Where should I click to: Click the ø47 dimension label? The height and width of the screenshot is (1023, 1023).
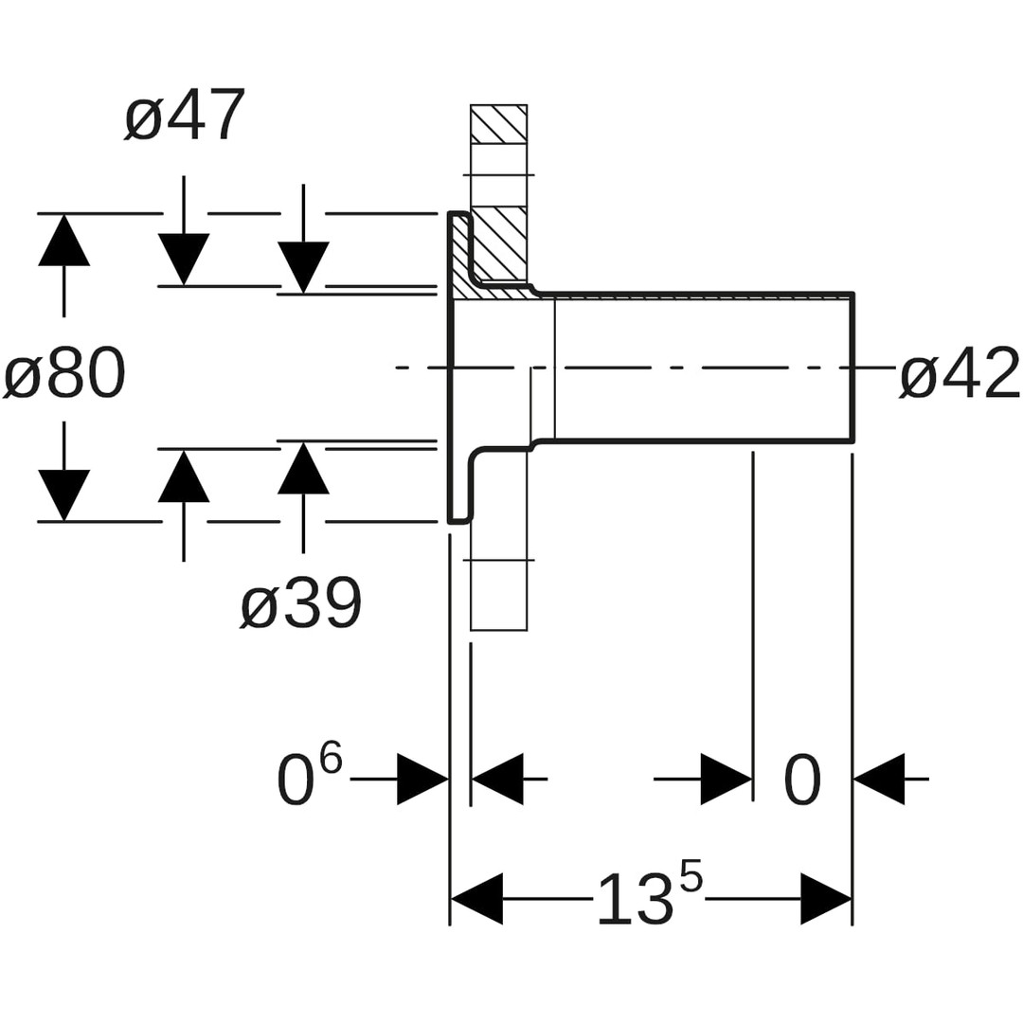pos(186,114)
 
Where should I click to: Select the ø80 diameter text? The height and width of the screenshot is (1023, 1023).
pos(64,373)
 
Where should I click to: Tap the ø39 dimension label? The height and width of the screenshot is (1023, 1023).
pos(301,602)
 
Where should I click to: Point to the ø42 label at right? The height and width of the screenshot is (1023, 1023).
pos(959,373)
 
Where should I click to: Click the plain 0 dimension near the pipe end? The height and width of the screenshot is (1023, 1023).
pos(802,781)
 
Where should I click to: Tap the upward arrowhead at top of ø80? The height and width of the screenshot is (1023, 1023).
pos(64,240)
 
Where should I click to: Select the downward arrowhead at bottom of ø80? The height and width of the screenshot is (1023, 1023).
pos(64,495)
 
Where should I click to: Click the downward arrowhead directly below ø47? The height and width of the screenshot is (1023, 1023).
pos(184,260)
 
